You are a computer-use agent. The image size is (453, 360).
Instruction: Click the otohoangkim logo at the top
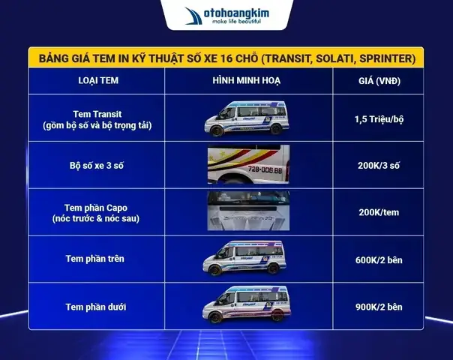coord(226,16)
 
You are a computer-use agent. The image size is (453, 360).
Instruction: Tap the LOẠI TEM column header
coord(97,79)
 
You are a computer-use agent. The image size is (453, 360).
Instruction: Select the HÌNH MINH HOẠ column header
coord(245,79)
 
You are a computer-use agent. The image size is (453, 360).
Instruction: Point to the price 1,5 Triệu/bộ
coord(379,119)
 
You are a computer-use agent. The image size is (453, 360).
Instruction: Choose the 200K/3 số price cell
coord(379,166)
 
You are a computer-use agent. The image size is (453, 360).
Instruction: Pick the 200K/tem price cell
coord(379,212)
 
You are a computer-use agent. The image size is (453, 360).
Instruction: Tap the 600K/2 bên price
coord(379,259)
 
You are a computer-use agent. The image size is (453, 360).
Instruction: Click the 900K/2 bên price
coord(379,307)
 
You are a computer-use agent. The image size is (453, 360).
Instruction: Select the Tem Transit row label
coord(97,119)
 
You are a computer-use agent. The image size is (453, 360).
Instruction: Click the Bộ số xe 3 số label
coord(97,166)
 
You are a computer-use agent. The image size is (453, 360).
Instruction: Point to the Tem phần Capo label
coord(97,212)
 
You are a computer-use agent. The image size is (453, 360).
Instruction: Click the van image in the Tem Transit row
coord(245,118)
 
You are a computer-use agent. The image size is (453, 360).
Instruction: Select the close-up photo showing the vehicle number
coord(245,166)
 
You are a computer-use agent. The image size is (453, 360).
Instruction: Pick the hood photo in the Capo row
coord(245,211)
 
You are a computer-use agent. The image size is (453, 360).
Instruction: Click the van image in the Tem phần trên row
coord(245,259)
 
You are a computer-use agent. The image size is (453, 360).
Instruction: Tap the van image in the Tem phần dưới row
coord(245,306)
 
